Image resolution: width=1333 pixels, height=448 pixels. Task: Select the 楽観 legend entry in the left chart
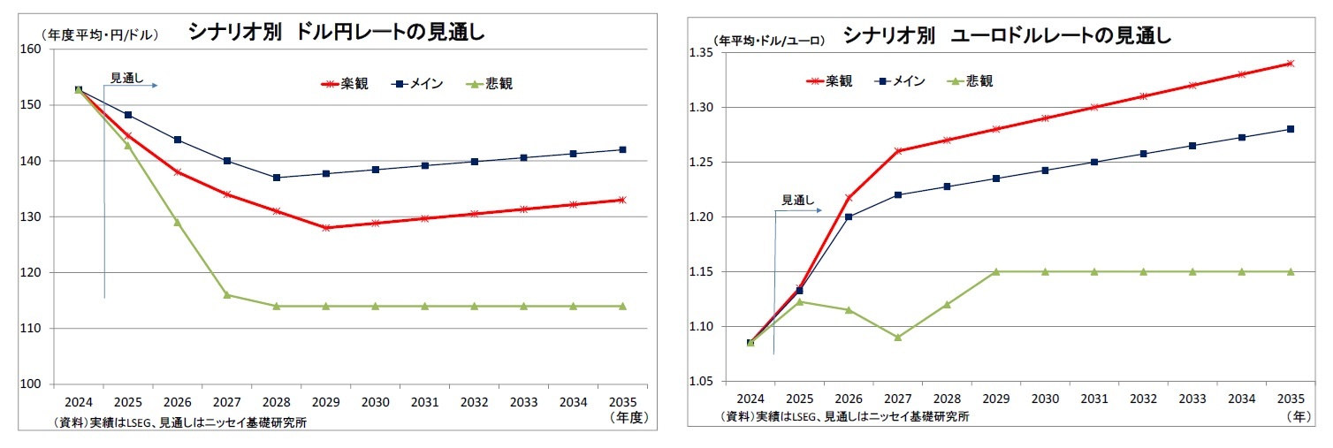345,84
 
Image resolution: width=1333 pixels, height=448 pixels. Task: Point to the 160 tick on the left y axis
31,49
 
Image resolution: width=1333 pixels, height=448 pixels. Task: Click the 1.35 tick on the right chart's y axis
698,53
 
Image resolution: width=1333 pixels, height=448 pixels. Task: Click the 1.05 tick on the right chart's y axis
698,382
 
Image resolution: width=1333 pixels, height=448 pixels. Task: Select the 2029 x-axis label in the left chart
325,399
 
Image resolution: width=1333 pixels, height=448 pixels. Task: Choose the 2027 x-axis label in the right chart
897,398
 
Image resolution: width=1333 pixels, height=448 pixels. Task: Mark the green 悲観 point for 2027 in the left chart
227,294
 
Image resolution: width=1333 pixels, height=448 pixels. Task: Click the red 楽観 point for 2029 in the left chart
326,228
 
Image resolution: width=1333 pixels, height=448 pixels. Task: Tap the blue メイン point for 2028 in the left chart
277,178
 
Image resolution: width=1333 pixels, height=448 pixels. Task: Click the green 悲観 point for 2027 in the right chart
897,337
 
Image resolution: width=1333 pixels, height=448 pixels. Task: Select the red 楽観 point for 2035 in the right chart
1291,64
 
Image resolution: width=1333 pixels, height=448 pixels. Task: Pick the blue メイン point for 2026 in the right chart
849,216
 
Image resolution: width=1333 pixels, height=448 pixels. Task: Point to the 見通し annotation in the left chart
126,78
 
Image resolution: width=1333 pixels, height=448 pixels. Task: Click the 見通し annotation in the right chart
796,201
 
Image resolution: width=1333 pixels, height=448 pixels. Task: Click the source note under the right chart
844,416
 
